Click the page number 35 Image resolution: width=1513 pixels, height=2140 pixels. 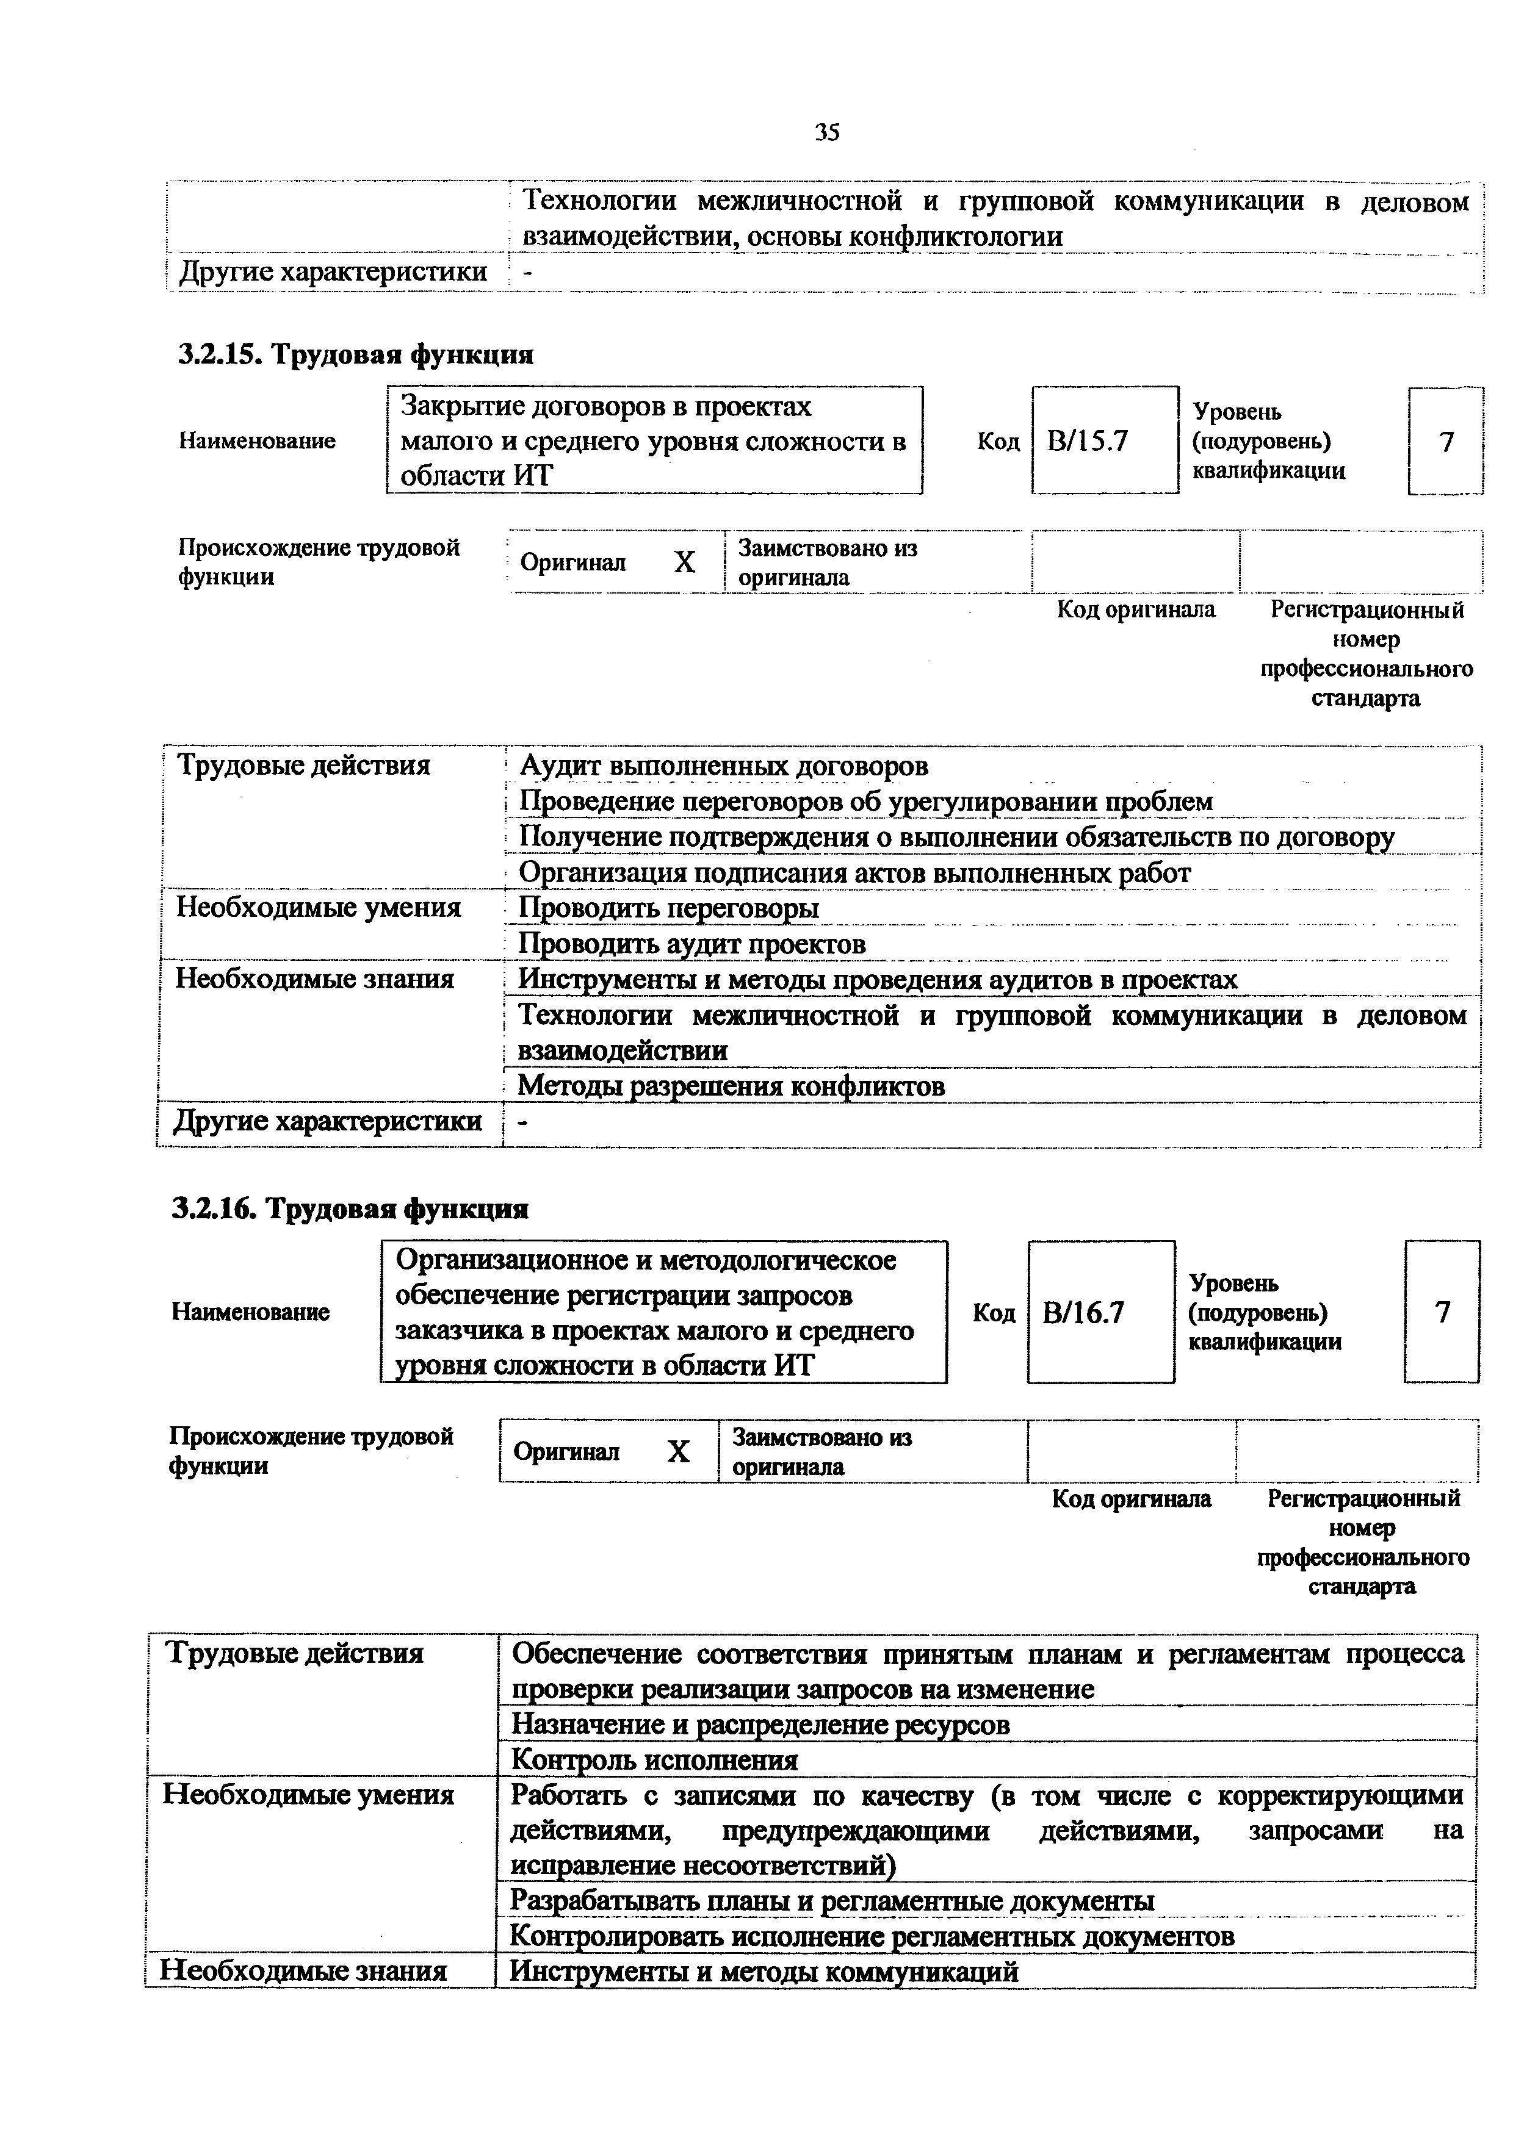[827, 132]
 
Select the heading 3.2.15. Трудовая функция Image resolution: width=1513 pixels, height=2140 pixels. [356, 355]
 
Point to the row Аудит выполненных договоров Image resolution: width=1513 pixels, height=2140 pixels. [723, 766]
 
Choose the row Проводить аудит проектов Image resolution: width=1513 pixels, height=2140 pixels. [692, 944]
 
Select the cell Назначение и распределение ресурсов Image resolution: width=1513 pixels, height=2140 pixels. [760, 1725]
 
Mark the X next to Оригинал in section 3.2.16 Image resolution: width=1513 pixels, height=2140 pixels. [679, 1451]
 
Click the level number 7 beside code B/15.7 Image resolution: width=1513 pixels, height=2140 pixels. [1446, 441]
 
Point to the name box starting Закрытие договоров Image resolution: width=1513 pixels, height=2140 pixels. [654, 441]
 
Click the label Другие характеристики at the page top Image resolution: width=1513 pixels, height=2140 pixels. [333, 272]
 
